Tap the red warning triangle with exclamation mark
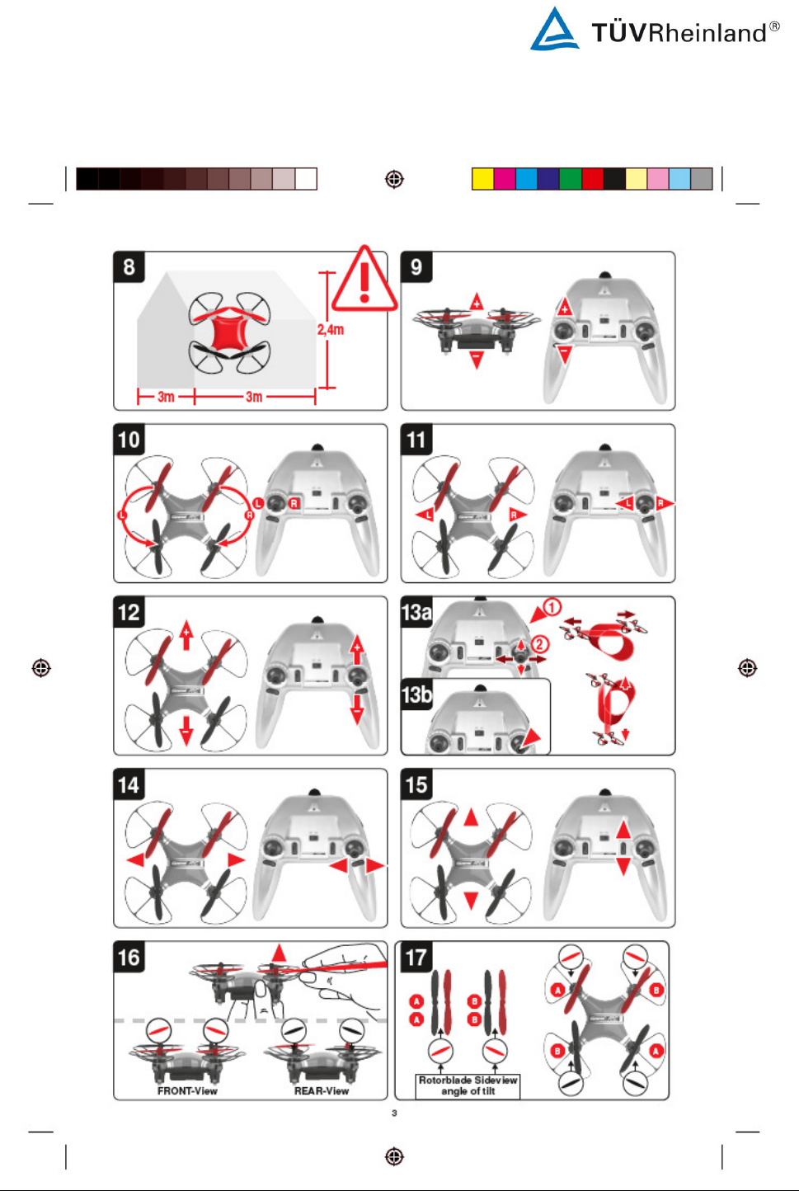coord(364,279)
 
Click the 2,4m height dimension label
coord(330,330)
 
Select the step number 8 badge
coord(129,267)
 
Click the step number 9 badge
coord(416,267)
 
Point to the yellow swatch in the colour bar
coord(482,179)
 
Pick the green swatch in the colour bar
coord(571,179)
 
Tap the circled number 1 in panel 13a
coord(552,607)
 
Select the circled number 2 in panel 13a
coord(539,644)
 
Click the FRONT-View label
coord(187,1091)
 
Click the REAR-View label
coord(322,1091)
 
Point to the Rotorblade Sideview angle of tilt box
coord(468,1085)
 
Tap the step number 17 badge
coord(416,957)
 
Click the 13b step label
coord(416,694)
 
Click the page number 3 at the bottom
coord(394,1113)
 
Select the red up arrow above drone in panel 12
coord(186,635)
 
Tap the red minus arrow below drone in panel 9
coord(477,359)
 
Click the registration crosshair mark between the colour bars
coord(394,179)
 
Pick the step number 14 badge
coord(129,784)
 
